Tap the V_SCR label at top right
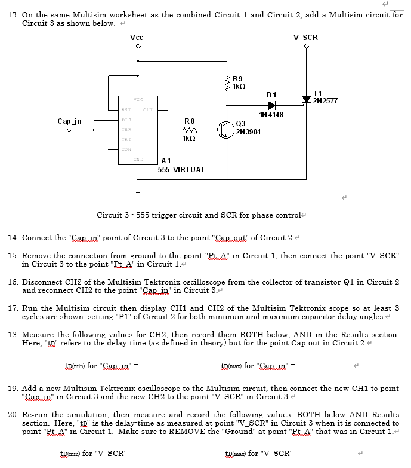(306, 38)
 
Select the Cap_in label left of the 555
(69, 121)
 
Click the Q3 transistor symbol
(225, 129)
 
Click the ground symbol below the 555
(138, 191)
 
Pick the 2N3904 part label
(248, 131)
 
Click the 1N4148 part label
(271, 114)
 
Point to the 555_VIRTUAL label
(181, 169)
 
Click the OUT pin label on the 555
(147, 109)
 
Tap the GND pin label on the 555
(138, 159)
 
